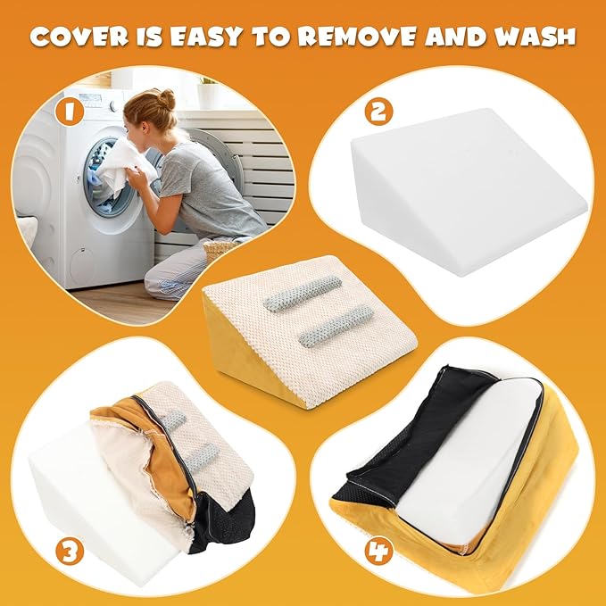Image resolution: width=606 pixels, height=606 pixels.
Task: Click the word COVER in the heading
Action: (79, 37)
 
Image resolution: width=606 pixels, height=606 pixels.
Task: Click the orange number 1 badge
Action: (70, 112)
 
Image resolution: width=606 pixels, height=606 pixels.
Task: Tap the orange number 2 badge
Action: (378, 112)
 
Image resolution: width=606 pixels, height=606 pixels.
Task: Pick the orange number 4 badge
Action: (378, 551)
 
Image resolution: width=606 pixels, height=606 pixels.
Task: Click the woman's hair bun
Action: (167, 98)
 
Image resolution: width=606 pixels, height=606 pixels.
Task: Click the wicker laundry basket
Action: (220, 250)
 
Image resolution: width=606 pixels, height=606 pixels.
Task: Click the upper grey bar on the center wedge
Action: (303, 294)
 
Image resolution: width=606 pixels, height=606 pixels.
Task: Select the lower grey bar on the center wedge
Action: (336, 326)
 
